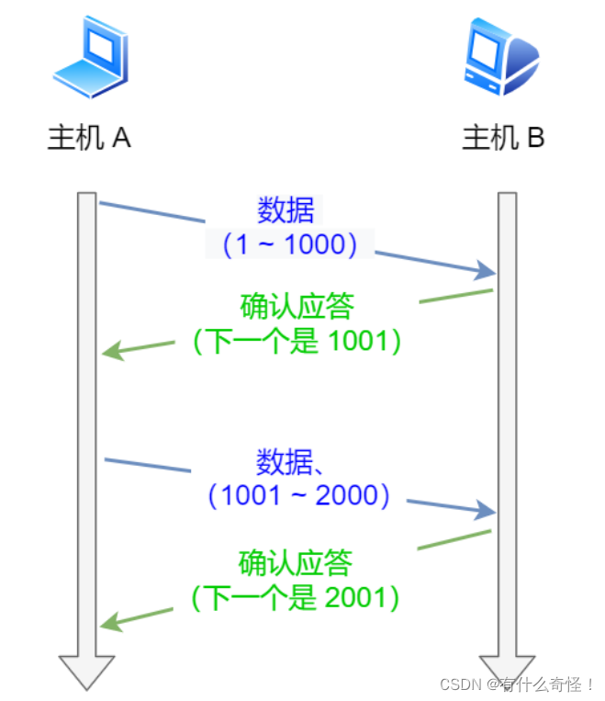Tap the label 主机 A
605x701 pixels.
tap(89, 139)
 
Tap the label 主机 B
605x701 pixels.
tap(503, 139)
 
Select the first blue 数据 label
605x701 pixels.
tap(286, 210)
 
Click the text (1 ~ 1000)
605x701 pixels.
tap(288, 244)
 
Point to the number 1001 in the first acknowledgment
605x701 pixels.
tap(357, 341)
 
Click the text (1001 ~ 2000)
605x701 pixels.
tap(299, 495)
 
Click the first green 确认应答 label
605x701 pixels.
tap(297, 306)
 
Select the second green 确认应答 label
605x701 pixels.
tap(295, 562)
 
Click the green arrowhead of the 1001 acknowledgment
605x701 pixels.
tap(111, 352)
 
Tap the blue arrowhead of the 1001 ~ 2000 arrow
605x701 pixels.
tap(487, 510)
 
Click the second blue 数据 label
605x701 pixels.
tap(285, 460)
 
